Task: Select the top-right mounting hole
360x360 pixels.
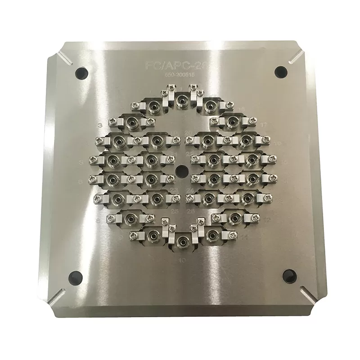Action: (x=280, y=71)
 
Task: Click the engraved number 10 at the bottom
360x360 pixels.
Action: (x=182, y=260)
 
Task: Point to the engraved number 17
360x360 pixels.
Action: (x=264, y=125)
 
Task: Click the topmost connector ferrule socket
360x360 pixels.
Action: (x=182, y=99)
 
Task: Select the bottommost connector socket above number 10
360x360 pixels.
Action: (x=182, y=242)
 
